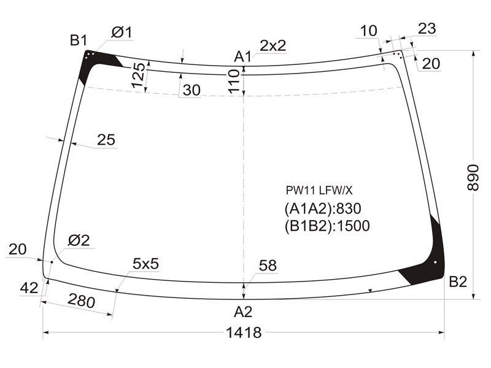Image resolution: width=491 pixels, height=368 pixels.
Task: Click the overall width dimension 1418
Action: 244,332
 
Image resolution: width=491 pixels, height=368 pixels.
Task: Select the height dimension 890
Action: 473,177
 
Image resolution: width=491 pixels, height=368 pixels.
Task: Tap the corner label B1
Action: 79,40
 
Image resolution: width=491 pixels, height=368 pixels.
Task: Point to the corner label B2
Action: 458,282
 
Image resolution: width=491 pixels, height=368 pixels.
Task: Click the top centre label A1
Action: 243,57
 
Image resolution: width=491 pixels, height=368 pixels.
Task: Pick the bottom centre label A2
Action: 243,312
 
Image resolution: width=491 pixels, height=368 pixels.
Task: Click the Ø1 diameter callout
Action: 122,33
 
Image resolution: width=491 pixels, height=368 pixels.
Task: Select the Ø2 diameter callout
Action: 79,240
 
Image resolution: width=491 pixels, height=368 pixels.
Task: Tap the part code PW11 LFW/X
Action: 319,190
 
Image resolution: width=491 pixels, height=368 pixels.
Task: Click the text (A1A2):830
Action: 323,209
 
